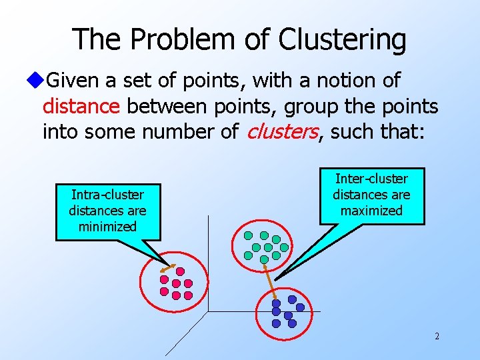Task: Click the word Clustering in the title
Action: [x=341, y=39]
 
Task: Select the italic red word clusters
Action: [x=282, y=131]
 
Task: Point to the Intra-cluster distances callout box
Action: [x=107, y=211]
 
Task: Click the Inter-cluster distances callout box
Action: [x=371, y=195]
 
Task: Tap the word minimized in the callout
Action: [x=107, y=226]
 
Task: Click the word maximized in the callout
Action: [x=371, y=211]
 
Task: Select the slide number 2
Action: [x=437, y=336]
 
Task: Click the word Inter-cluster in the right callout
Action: [x=371, y=179]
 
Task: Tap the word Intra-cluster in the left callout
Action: [x=107, y=195]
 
